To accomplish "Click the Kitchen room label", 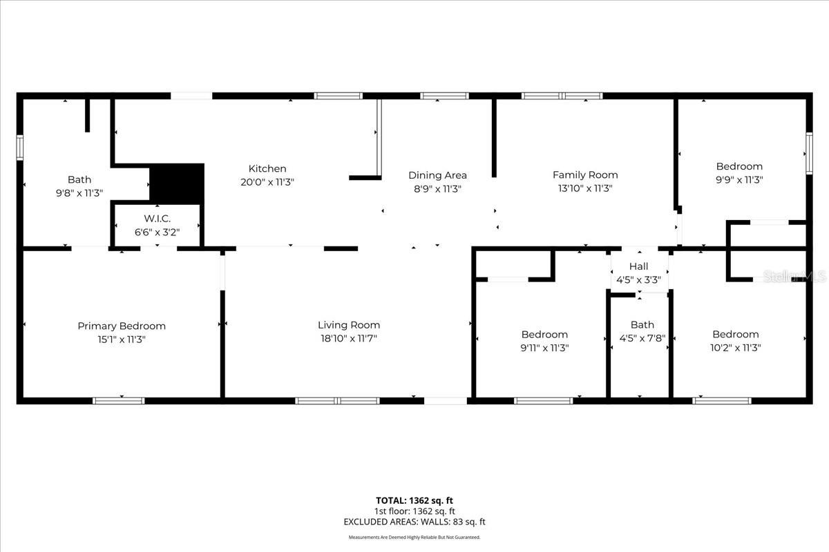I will point(267,168).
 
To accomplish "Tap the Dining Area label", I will point(437,175).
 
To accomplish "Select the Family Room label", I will point(585,175).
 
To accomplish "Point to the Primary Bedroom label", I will point(122,326).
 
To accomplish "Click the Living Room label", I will point(349,325).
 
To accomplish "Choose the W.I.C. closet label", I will point(158,219).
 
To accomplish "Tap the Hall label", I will point(639,266).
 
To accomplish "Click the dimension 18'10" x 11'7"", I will point(349,338).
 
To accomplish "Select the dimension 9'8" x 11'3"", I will point(79,193).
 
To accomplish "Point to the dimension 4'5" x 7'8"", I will point(642,338).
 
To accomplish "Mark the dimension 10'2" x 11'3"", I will point(736,348).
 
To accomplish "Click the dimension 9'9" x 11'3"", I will point(739,179).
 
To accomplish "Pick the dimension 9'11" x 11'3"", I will point(544,348).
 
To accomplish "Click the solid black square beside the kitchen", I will point(177,183).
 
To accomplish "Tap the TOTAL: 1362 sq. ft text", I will point(414,500).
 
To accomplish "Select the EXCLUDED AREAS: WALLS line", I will point(414,522).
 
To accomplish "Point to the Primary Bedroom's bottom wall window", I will point(119,400).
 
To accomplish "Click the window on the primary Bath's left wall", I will point(20,148).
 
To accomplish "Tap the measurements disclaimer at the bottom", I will point(414,537).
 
